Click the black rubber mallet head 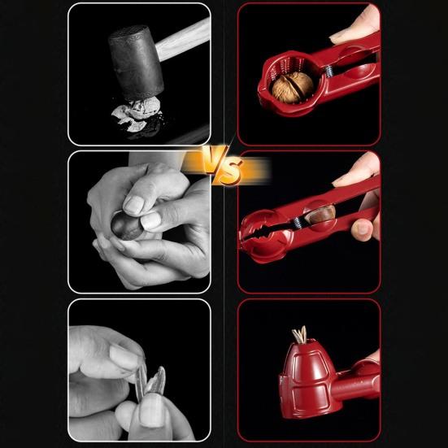(x=136, y=59)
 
